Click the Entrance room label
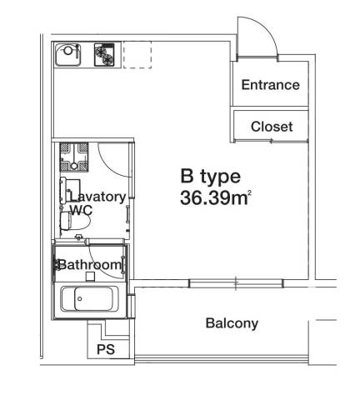click(x=270, y=85)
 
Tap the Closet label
click(x=272, y=127)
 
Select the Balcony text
click(x=232, y=323)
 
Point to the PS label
click(x=106, y=349)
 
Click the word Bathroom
click(x=91, y=265)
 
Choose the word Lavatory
click(x=97, y=197)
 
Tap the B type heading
click(x=210, y=177)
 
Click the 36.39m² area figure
click(x=216, y=198)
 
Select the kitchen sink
click(x=67, y=55)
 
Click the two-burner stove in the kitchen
click(x=104, y=55)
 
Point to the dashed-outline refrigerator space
click(x=137, y=55)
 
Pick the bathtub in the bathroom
click(x=89, y=299)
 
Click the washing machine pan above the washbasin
click(x=74, y=157)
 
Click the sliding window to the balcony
click(x=236, y=283)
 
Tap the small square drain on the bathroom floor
click(x=90, y=277)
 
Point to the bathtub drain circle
click(x=80, y=299)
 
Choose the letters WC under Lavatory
click(x=81, y=210)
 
